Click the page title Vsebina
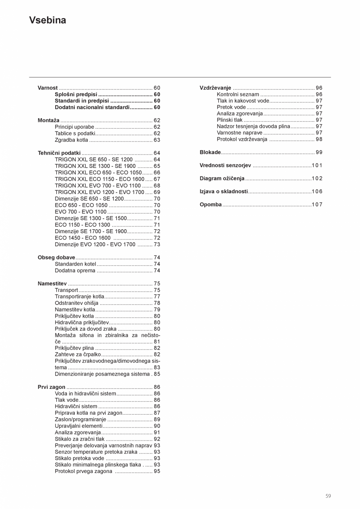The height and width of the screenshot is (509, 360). click(47, 20)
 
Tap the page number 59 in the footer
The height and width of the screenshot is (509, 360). click(328, 496)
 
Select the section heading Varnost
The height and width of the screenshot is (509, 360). click(48, 88)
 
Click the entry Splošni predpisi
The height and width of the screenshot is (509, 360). click(76, 95)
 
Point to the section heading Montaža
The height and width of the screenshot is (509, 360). click(49, 121)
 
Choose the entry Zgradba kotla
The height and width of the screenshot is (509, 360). click(71, 140)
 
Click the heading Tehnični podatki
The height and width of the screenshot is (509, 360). click(59, 153)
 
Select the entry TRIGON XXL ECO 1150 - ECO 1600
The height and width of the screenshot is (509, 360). click(99, 179)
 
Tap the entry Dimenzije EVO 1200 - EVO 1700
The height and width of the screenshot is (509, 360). click(95, 245)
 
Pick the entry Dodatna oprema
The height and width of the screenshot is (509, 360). click(75, 271)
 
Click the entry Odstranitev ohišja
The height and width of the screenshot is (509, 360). click(77, 303)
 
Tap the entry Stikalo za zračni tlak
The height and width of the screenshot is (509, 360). click(79, 439)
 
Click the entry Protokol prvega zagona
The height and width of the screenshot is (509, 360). click(83, 471)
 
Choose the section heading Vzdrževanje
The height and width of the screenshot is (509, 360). click(215, 88)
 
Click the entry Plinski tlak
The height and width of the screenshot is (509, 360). click(230, 120)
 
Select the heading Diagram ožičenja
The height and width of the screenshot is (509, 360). click(222, 179)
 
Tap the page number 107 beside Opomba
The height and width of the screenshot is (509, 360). click(317, 205)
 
